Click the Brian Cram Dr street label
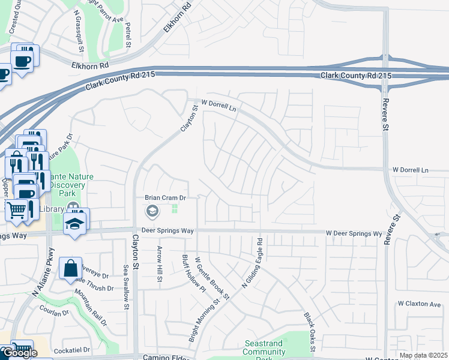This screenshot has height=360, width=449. click(167, 197)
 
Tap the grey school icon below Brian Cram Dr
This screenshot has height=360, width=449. click(152, 211)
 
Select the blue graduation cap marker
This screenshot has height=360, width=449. click(75, 223)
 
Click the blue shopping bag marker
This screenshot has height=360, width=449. click(70, 268)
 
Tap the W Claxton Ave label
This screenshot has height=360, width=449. click(419, 304)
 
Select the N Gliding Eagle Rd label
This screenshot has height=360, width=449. click(253, 264)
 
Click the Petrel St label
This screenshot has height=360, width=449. click(128, 35)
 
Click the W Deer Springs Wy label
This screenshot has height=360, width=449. click(354, 233)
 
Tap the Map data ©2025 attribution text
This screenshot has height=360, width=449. click(424, 355)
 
